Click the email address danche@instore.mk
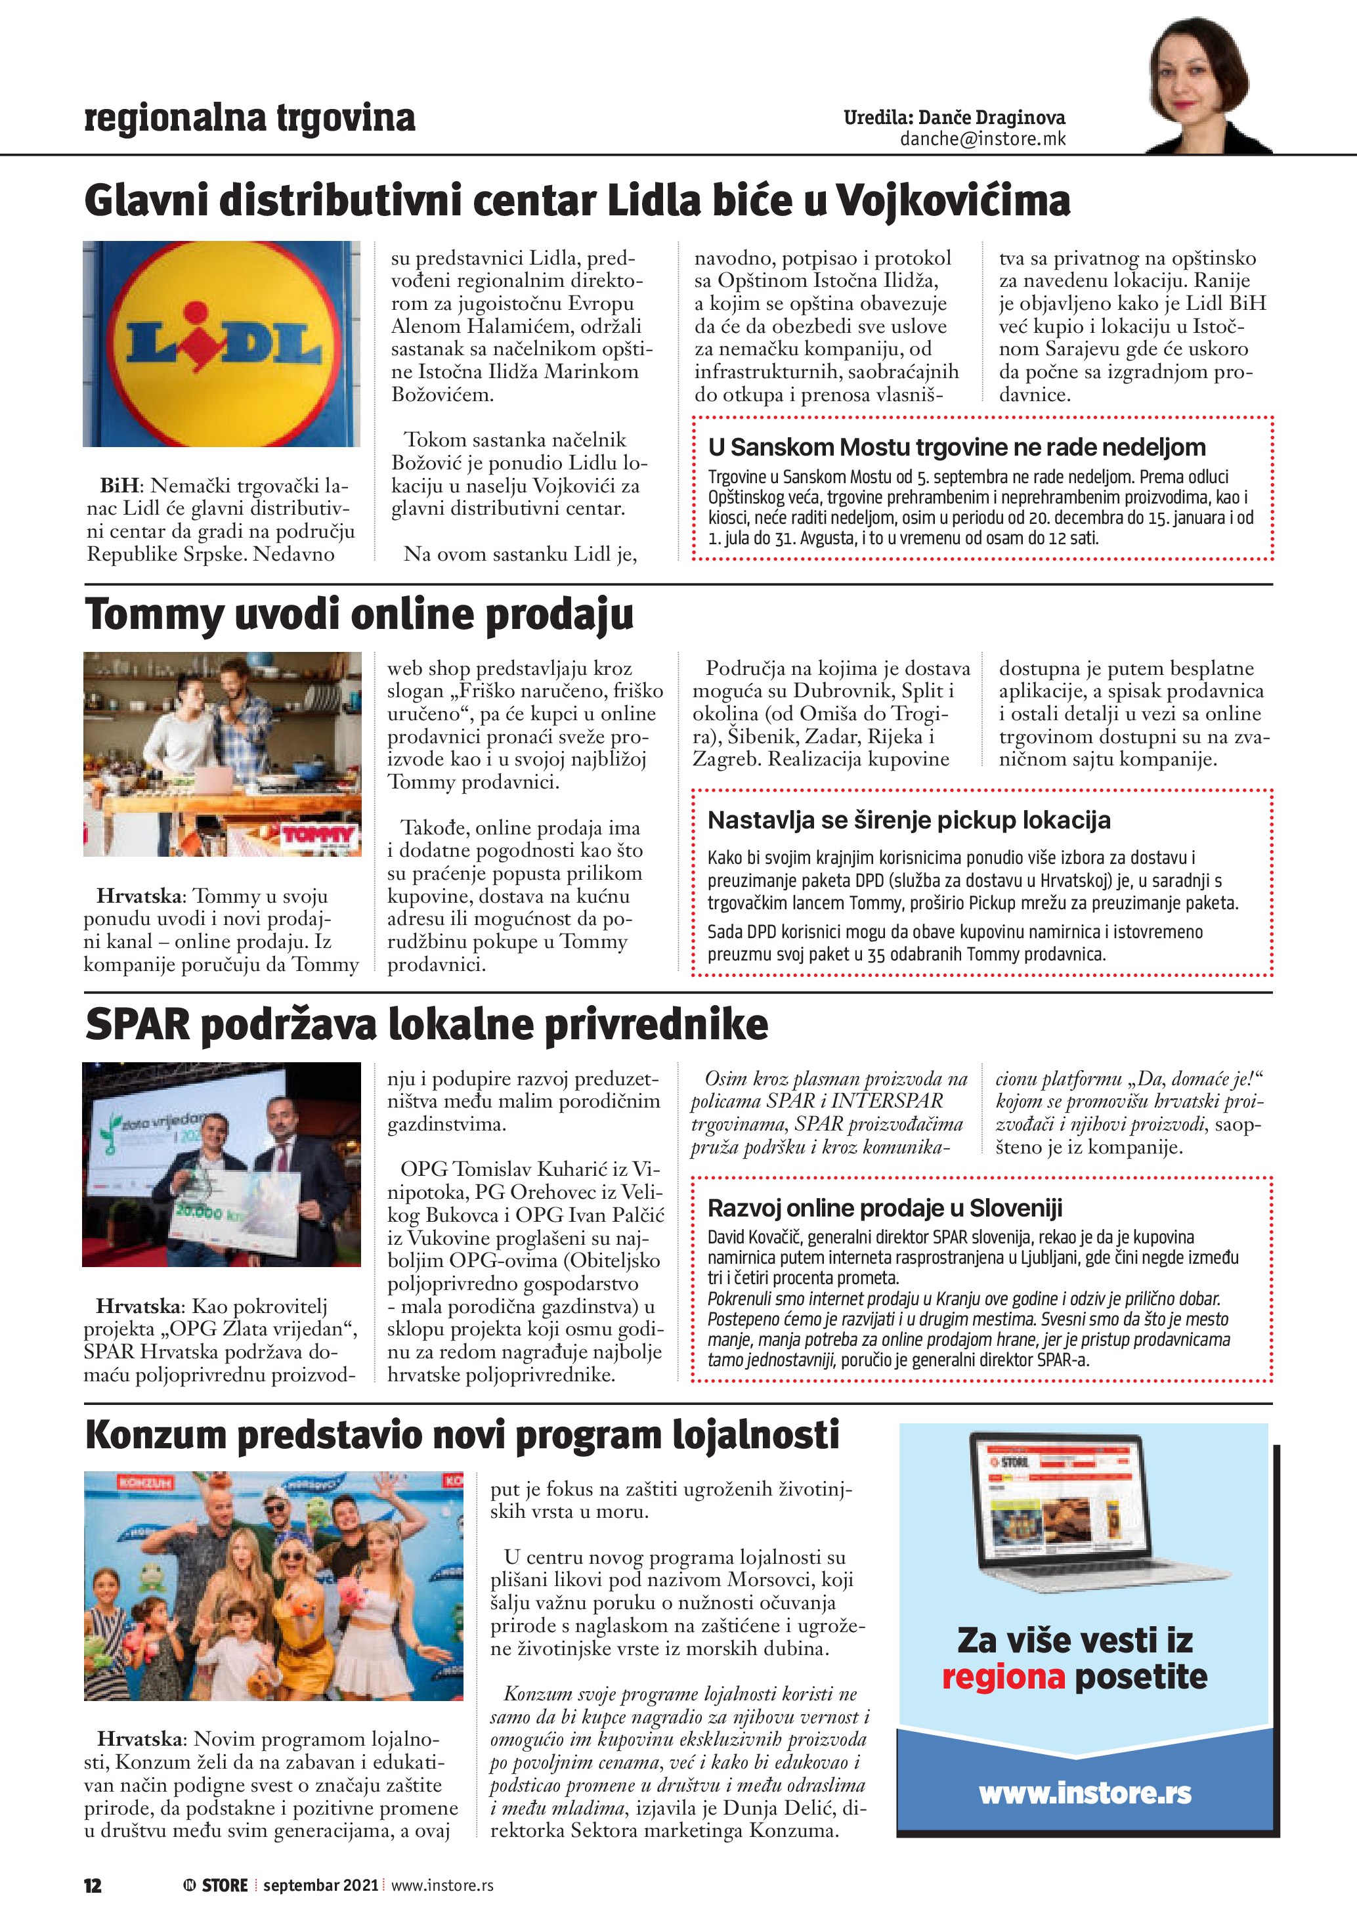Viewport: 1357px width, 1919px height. (x=983, y=139)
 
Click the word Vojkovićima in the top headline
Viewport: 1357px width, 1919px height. (x=953, y=201)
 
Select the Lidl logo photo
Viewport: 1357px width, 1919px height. (x=221, y=343)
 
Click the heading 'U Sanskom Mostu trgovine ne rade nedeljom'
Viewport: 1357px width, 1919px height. (x=957, y=447)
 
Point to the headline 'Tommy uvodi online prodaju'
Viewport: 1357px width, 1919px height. (x=359, y=615)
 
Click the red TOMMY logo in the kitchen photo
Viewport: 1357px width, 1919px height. (x=318, y=835)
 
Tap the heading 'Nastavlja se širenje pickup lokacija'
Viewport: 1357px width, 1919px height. (x=909, y=820)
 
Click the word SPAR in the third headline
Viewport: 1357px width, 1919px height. (x=138, y=1025)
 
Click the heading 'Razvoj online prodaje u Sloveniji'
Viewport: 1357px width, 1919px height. (x=885, y=1208)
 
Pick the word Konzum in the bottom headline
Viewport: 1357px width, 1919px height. (x=156, y=1436)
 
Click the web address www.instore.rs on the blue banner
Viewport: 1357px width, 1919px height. (x=1085, y=1793)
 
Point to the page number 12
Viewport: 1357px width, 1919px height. (x=92, y=1885)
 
